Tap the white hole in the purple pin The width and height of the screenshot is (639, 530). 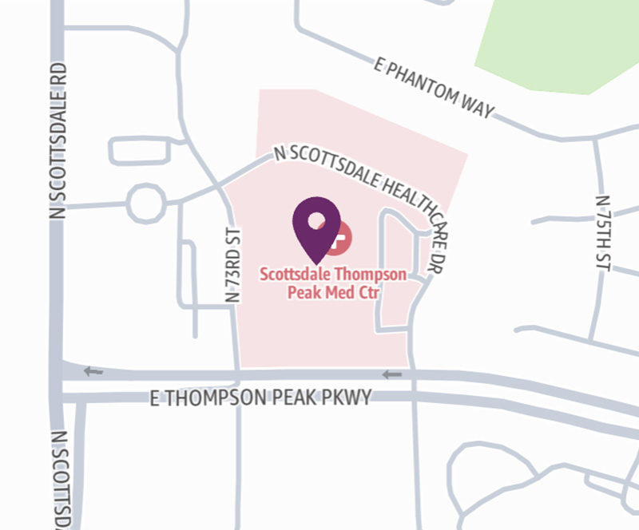tap(316, 220)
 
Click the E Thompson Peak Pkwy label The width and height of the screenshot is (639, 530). tap(261, 397)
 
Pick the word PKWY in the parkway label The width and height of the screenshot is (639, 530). tap(347, 397)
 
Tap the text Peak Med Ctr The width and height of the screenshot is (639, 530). tap(333, 292)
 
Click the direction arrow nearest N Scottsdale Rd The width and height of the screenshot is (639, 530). tap(93, 371)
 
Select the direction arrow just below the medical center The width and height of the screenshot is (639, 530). tap(391, 374)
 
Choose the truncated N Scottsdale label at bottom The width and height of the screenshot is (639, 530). tap(60, 479)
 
